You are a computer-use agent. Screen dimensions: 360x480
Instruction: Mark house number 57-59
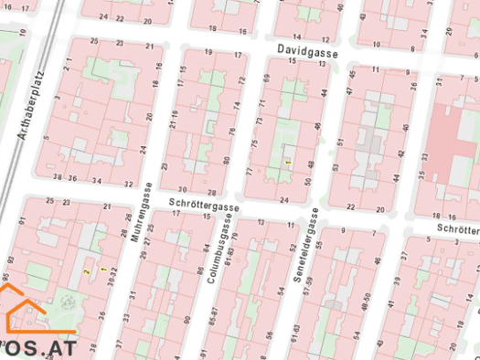tap(308, 286)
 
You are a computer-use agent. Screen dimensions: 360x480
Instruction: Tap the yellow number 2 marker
tap(87, 271)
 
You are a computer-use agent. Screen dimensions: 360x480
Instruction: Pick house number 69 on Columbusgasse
tap(266, 79)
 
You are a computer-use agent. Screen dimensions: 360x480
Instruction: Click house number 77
tap(250, 171)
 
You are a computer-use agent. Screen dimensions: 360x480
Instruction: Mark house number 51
tap(340, 143)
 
